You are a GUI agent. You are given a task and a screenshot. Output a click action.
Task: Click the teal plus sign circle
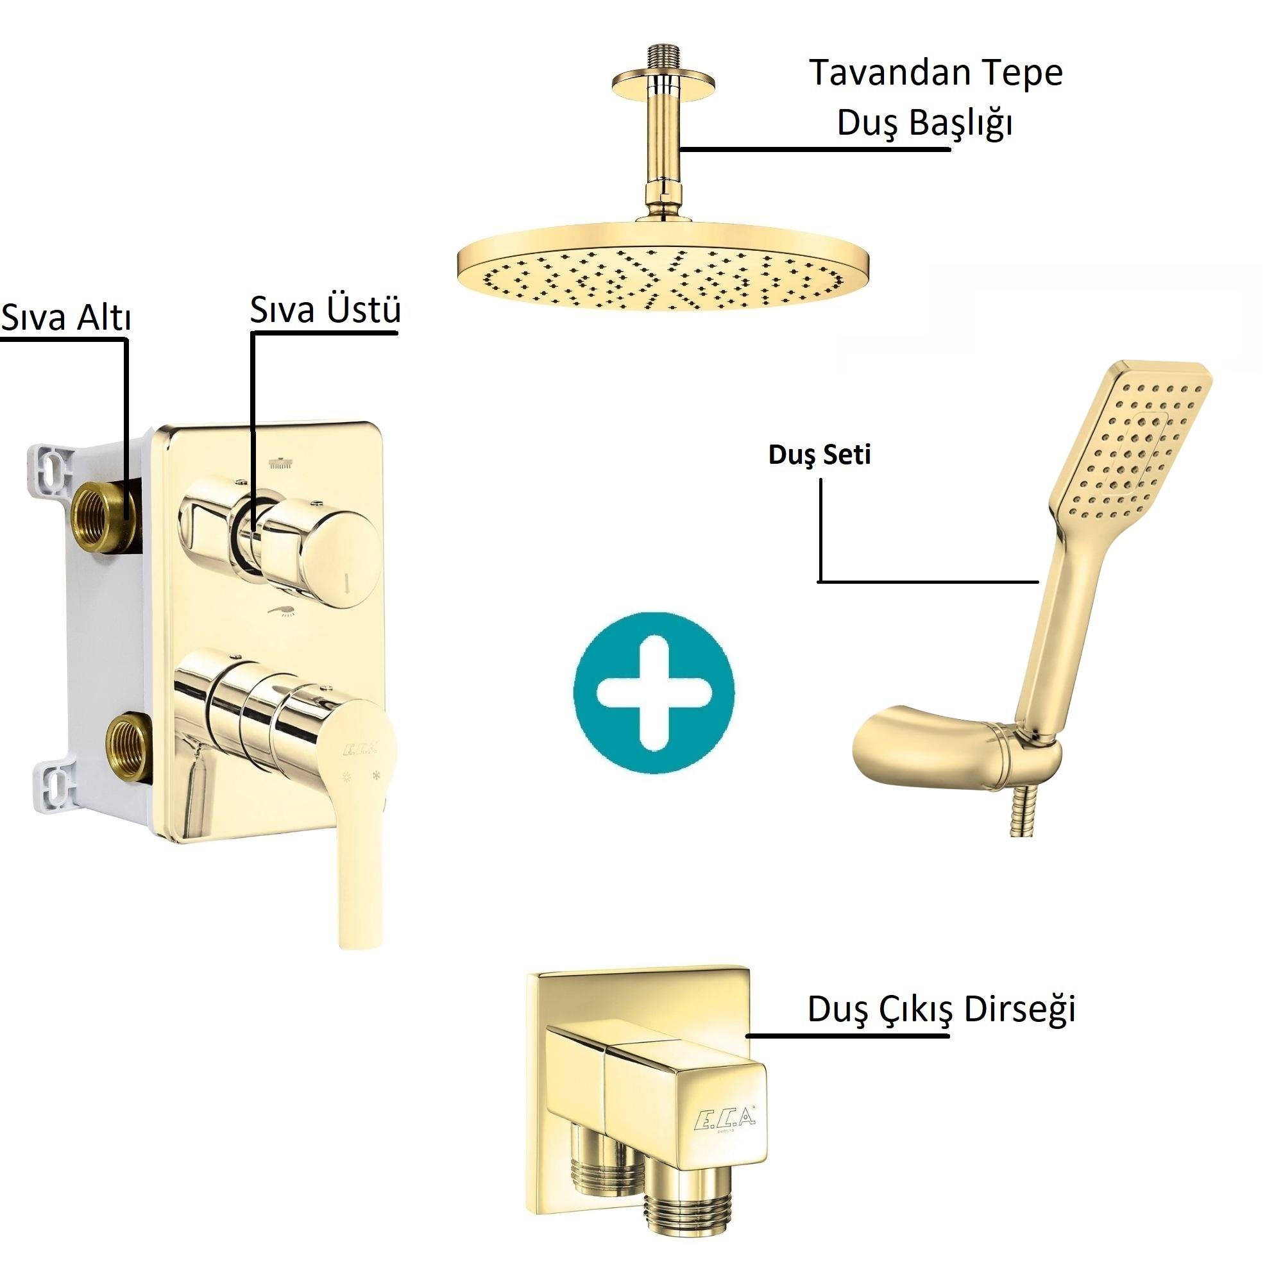tap(654, 692)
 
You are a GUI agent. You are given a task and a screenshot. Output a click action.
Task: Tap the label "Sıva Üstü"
tap(325, 309)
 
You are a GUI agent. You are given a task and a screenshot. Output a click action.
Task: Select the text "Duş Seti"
tap(819, 455)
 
